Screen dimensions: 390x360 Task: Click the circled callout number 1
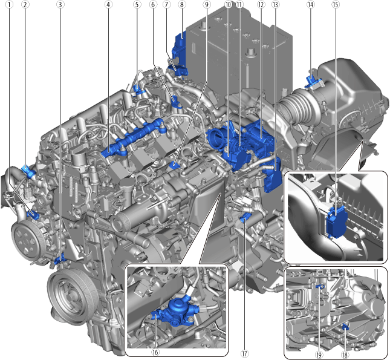tap(10, 4)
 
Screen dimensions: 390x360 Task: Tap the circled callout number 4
tap(108, 4)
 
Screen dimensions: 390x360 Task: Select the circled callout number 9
tap(206, 4)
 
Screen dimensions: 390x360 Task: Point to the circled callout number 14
tap(311, 4)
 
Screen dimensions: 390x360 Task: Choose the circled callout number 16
tap(155, 352)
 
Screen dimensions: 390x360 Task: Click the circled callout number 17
tap(244, 353)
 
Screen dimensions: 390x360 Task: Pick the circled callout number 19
tap(319, 355)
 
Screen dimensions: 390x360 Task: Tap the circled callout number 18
tap(345, 355)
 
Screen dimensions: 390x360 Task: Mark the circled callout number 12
tap(261, 4)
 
